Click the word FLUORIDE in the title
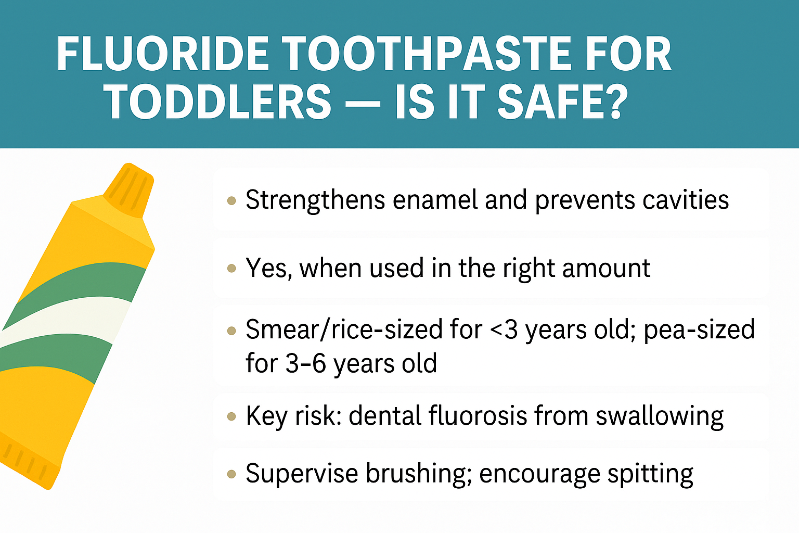pyautogui.click(x=163, y=54)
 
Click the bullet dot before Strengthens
pyautogui.click(x=231, y=200)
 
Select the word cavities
pyautogui.click(x=686, y=199)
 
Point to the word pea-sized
pyautogui.click(x=699, y=330)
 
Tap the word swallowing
pyautogui.click(x=660, y=417)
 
